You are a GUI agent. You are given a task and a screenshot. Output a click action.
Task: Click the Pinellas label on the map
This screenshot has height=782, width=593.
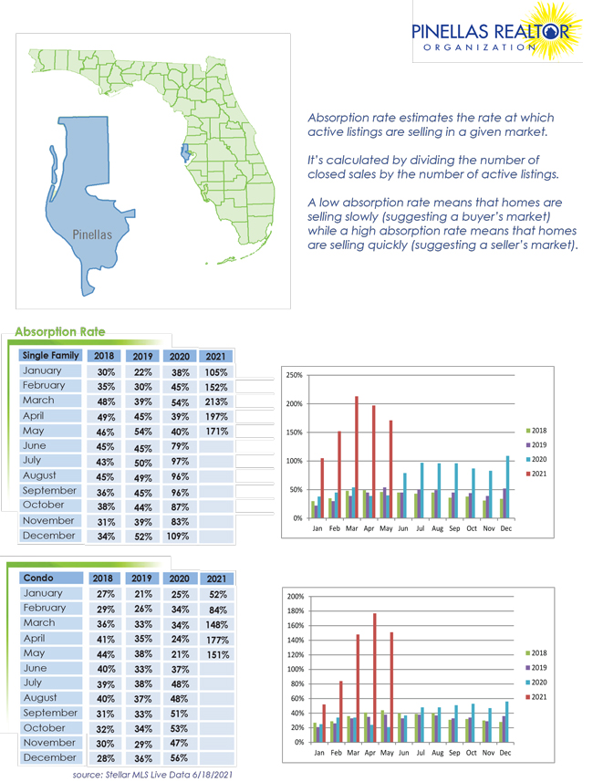click(92, 235)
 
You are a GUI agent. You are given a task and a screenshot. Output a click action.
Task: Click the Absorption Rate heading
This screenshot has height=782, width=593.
click(60, 331)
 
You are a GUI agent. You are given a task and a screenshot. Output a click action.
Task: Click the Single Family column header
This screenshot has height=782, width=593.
click(50, 355)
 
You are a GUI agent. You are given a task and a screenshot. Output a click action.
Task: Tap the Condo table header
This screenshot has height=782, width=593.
click(38, 578)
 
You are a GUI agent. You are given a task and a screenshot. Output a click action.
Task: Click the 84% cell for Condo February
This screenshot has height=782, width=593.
click(217, 610)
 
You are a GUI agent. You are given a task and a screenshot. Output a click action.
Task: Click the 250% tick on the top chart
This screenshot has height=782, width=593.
click(294, 375)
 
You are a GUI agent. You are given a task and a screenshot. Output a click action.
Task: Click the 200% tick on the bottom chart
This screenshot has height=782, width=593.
click(296, 595)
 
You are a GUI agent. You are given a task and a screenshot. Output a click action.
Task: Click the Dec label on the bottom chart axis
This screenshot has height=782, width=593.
click(505, 754)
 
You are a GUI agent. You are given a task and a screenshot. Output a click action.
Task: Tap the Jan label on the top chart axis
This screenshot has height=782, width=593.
click(317, 528)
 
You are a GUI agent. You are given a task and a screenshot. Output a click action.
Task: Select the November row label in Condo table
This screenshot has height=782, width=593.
click(48, 743)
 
